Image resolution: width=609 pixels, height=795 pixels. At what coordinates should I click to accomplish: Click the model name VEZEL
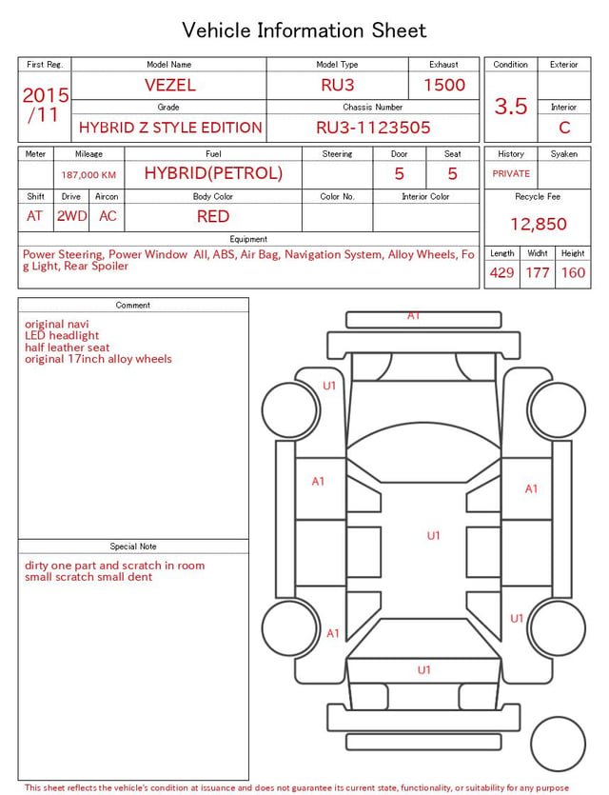pyautogui.click(x=170, y=85)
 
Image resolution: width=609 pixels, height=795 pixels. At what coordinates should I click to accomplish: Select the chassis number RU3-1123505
pyautogui.click(x=373, y=128)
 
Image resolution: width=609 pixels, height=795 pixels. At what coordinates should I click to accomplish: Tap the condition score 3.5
pyautogui.click(x=511, y=106)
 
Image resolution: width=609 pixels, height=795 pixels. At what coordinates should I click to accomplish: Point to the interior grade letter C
pyautogui.click(x=564, y=128)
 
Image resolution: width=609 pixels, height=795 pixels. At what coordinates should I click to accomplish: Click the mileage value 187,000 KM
pyautogui.click(x=88, y=175)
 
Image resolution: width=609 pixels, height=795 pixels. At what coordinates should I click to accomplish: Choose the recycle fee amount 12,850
pyautogui.click(x=538, y=224)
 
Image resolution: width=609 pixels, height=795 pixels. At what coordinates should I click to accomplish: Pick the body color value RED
pyautogui.click(x=213, y=216)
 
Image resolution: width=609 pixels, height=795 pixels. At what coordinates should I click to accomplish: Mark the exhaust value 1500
pyautogui.click(x=444, y=85)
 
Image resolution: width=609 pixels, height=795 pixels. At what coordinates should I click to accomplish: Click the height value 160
pyautogui.click(x=573, y=272)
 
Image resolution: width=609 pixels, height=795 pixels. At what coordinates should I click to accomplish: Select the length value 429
pyautogui.click(x=502, y=272)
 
